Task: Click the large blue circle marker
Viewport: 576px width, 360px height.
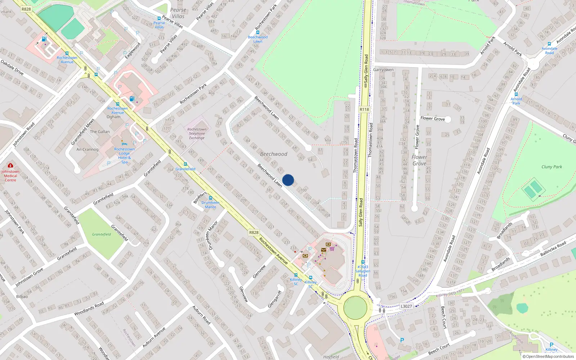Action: point(288,180)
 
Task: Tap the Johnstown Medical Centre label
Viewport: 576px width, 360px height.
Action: point(10,176)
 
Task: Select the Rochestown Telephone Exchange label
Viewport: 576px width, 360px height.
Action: point(197,134)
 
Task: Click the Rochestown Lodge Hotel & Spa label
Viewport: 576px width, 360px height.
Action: point(125,156)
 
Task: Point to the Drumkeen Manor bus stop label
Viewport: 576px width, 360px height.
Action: point(210,205)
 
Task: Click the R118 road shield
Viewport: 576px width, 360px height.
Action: point(364,109)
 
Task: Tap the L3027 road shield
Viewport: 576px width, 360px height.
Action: point(406,306)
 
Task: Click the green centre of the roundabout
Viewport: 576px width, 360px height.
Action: point(355,308)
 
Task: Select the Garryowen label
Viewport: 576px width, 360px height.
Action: point(383,70)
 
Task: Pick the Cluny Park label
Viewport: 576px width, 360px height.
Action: point(552,167)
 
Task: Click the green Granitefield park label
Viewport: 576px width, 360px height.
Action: point(101,234)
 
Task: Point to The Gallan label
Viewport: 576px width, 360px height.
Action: point(100,132)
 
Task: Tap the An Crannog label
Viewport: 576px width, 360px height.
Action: point(87,149)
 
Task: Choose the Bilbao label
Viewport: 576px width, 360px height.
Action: point(22,297)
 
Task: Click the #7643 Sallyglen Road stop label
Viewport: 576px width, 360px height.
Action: point(363,271)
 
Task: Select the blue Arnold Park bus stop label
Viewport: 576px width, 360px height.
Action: point(516,101)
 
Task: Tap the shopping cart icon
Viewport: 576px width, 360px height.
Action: point(332,248)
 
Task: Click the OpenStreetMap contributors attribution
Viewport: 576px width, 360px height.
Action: point(548,357)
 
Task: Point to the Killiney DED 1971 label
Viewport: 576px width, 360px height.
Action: point(450,293)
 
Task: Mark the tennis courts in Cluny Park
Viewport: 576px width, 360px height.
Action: point(533,189)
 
